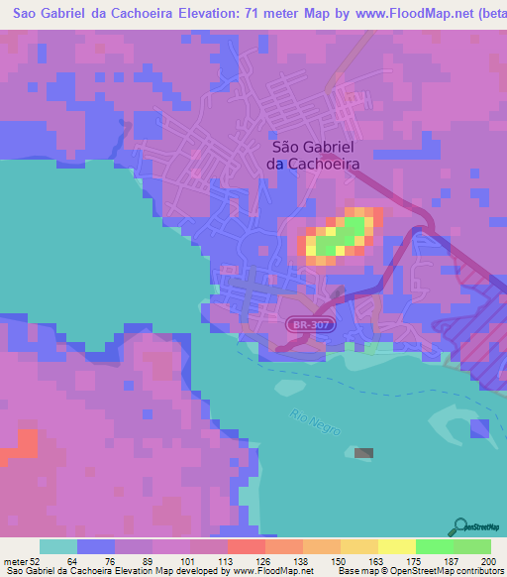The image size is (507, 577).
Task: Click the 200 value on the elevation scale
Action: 485,561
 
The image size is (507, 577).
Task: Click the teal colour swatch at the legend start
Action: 58,546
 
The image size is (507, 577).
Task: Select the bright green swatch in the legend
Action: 435,546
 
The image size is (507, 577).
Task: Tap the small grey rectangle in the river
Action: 364,453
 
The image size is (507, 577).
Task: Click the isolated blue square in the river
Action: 479,428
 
